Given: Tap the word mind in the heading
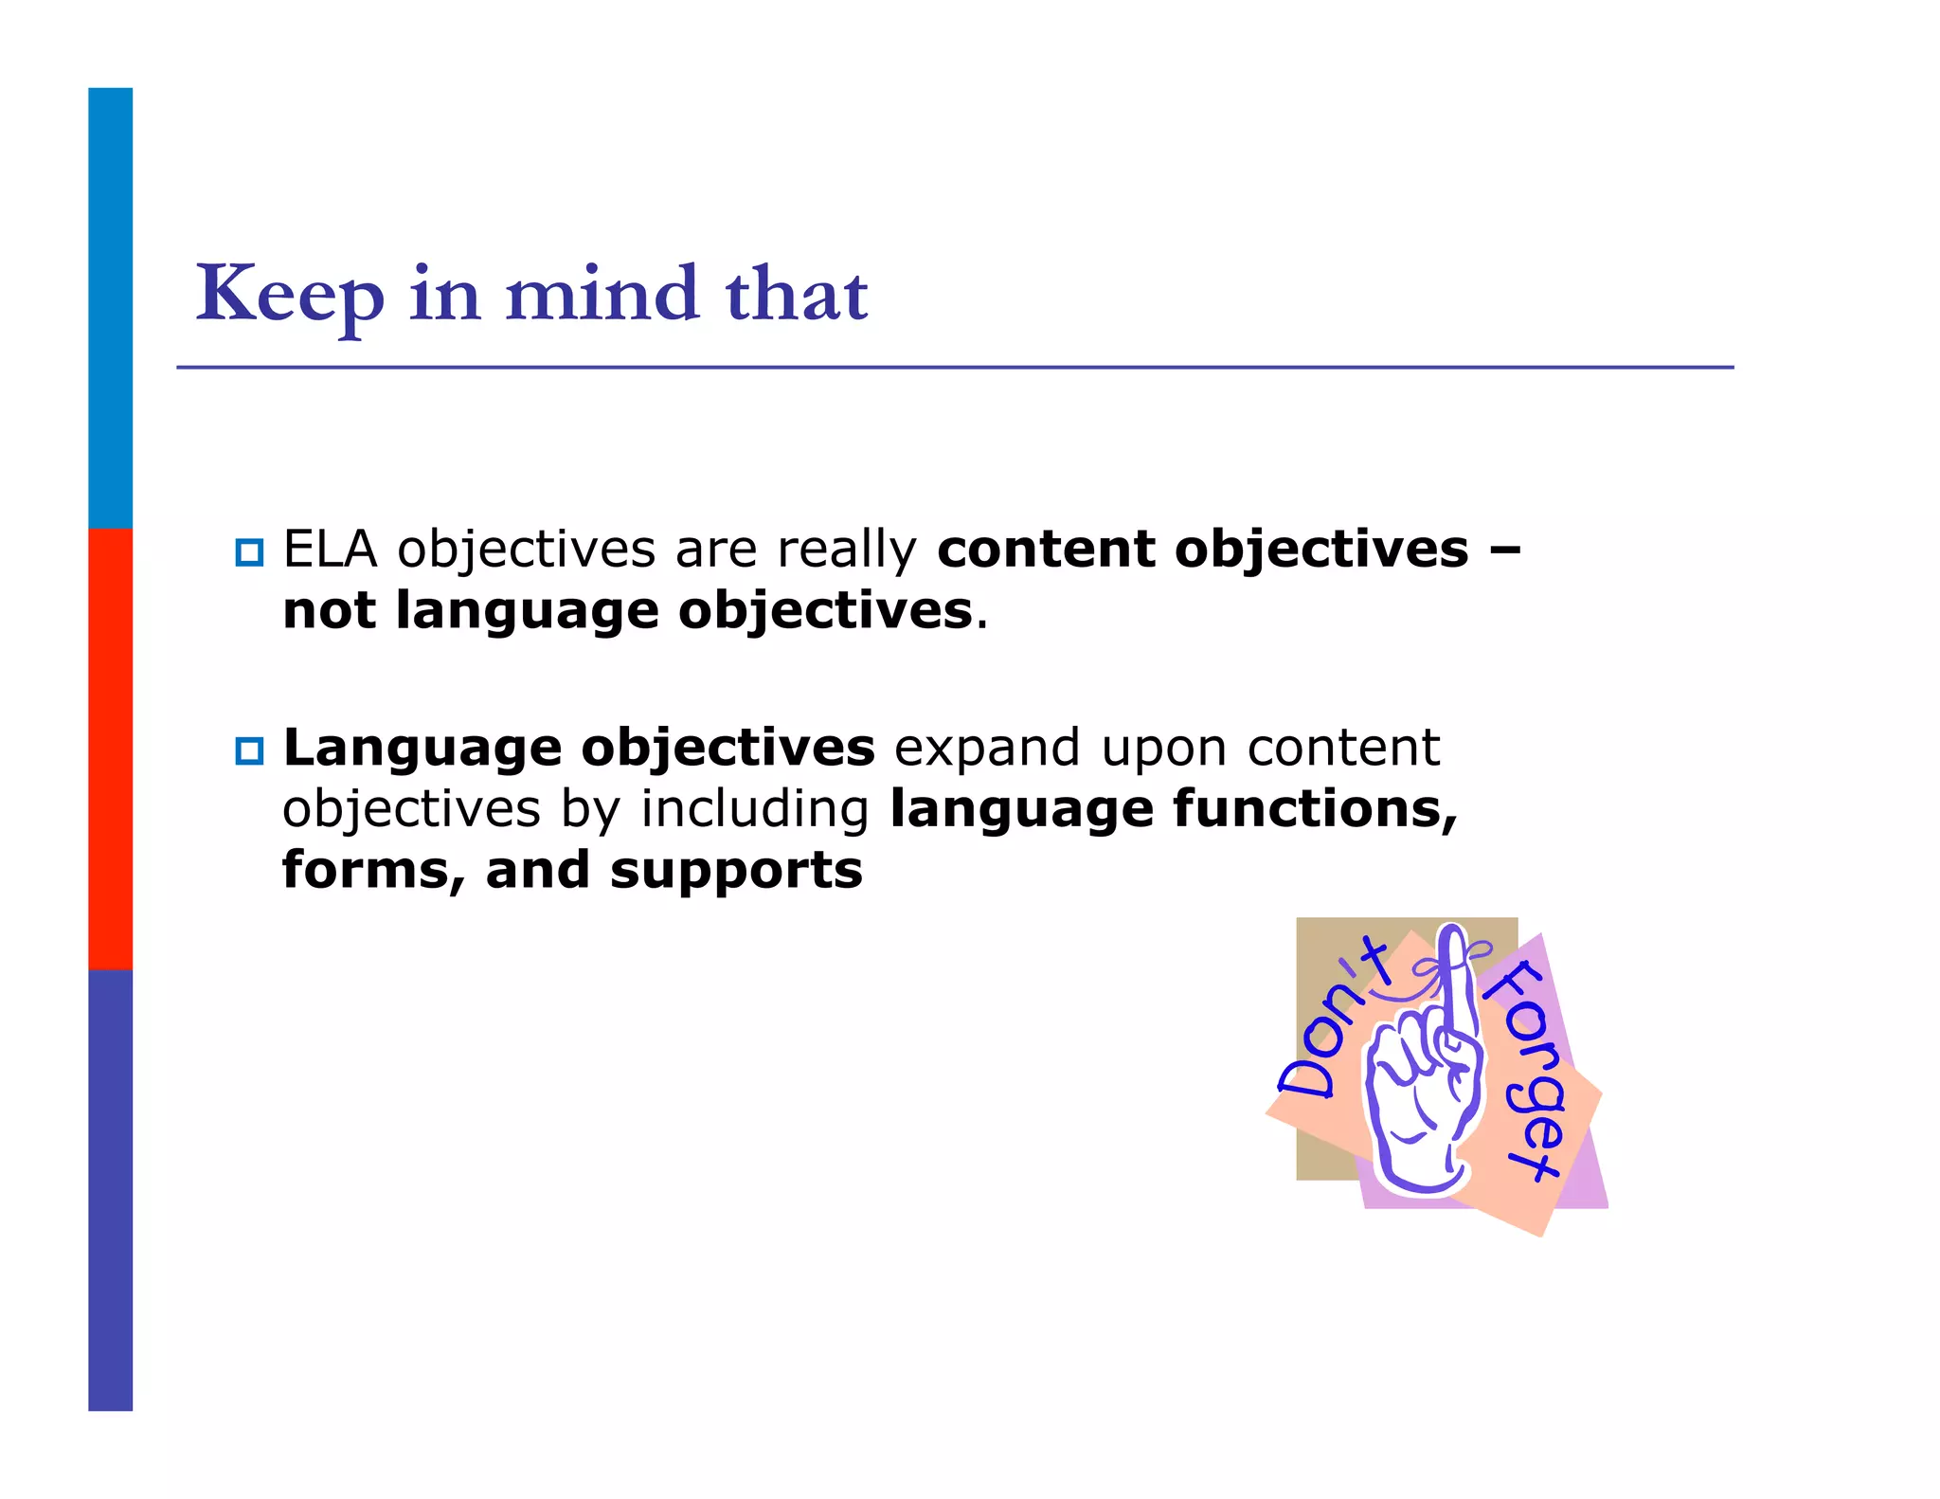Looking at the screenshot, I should [602, 294].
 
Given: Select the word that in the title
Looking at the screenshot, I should [796, 294].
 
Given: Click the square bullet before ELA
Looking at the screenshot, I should [249, 552].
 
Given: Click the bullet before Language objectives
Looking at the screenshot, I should [249, 751].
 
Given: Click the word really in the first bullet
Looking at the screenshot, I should [847, 551].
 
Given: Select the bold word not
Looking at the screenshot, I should [329, 611].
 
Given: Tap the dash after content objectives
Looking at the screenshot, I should [1504, 550].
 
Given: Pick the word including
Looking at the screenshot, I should [754, 811].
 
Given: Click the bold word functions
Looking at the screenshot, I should [1315, 809].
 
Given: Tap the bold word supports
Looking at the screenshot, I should [736, 872].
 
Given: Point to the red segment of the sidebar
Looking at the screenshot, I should [110, 749].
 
